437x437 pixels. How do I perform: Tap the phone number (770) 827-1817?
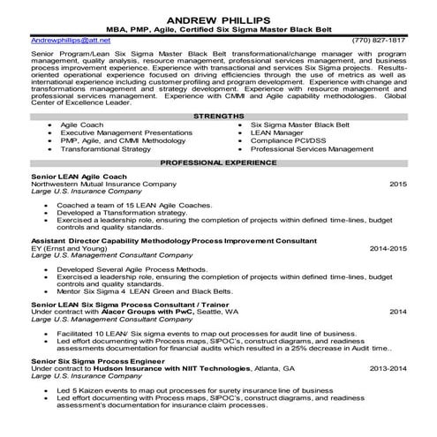click(379, 41)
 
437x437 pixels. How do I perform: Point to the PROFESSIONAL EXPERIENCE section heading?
click(217, 163)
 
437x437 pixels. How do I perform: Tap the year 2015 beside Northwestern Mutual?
click(397, 185)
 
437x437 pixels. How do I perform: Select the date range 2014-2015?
click(388, 249)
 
